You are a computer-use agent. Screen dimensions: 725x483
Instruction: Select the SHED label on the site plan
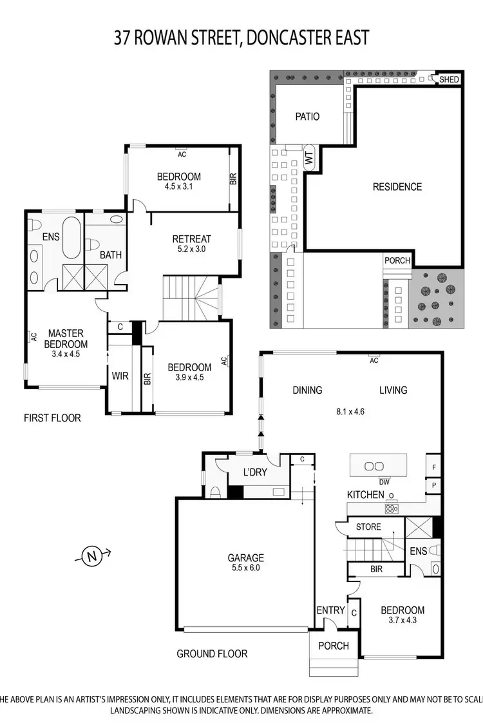450,79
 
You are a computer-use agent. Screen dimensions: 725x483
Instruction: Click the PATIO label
307,117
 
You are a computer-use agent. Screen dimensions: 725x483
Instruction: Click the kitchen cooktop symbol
391,508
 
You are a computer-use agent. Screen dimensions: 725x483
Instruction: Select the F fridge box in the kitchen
434,467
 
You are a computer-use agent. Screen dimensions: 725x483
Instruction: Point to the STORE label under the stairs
368,527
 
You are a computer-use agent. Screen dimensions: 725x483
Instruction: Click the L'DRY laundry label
256,472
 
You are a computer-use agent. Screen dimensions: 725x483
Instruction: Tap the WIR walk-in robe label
120,375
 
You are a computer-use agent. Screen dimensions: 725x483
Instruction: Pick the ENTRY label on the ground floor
330,610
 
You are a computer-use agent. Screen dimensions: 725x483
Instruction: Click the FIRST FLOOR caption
52,418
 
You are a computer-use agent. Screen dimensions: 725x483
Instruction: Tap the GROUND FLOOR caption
212,653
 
